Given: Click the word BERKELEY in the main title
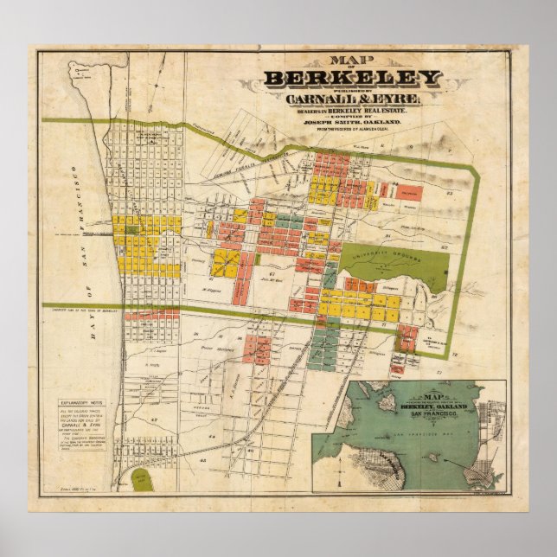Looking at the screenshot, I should tap(353, 80).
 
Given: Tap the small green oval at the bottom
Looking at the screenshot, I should tap(138, 478).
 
